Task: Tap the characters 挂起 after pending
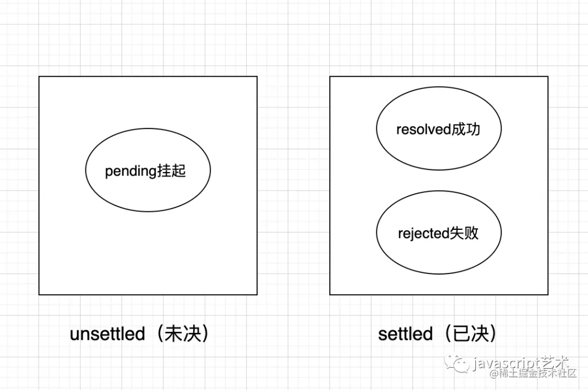tap(171, 171)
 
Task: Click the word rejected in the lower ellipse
tap(423, 234)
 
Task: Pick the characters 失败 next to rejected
tap(464, 233)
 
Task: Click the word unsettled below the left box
tap(107, 333)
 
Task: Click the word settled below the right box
tap(405, 333)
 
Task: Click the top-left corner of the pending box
tap(39, 77)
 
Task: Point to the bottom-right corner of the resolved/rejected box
tap(548, 295)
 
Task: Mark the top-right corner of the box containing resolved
tap(548, 77)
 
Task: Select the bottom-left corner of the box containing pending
tap(39, 295)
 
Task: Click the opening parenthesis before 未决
tap(158, 333)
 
